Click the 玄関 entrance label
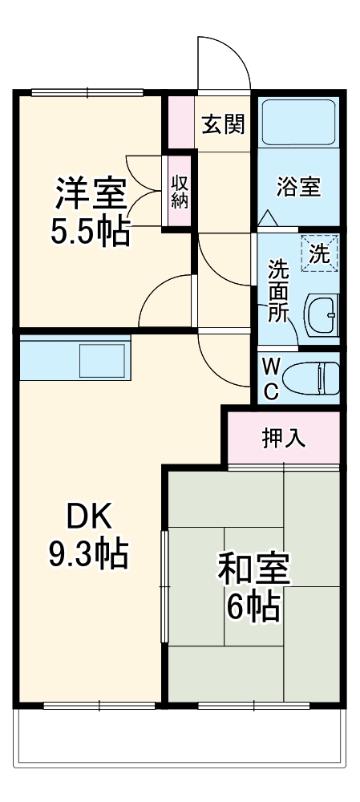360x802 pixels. coord(222,124)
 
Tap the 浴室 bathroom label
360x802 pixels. coord(298,187)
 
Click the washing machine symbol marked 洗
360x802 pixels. coord(319,253)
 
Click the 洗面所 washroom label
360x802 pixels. coord(277,290)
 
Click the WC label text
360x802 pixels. coord(270,379)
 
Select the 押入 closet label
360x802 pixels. coord(284,438)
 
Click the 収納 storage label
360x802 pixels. coord(178,192)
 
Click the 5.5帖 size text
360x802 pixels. coord(91,232)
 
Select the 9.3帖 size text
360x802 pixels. coord(87,553)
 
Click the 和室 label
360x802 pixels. coord(253,570)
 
